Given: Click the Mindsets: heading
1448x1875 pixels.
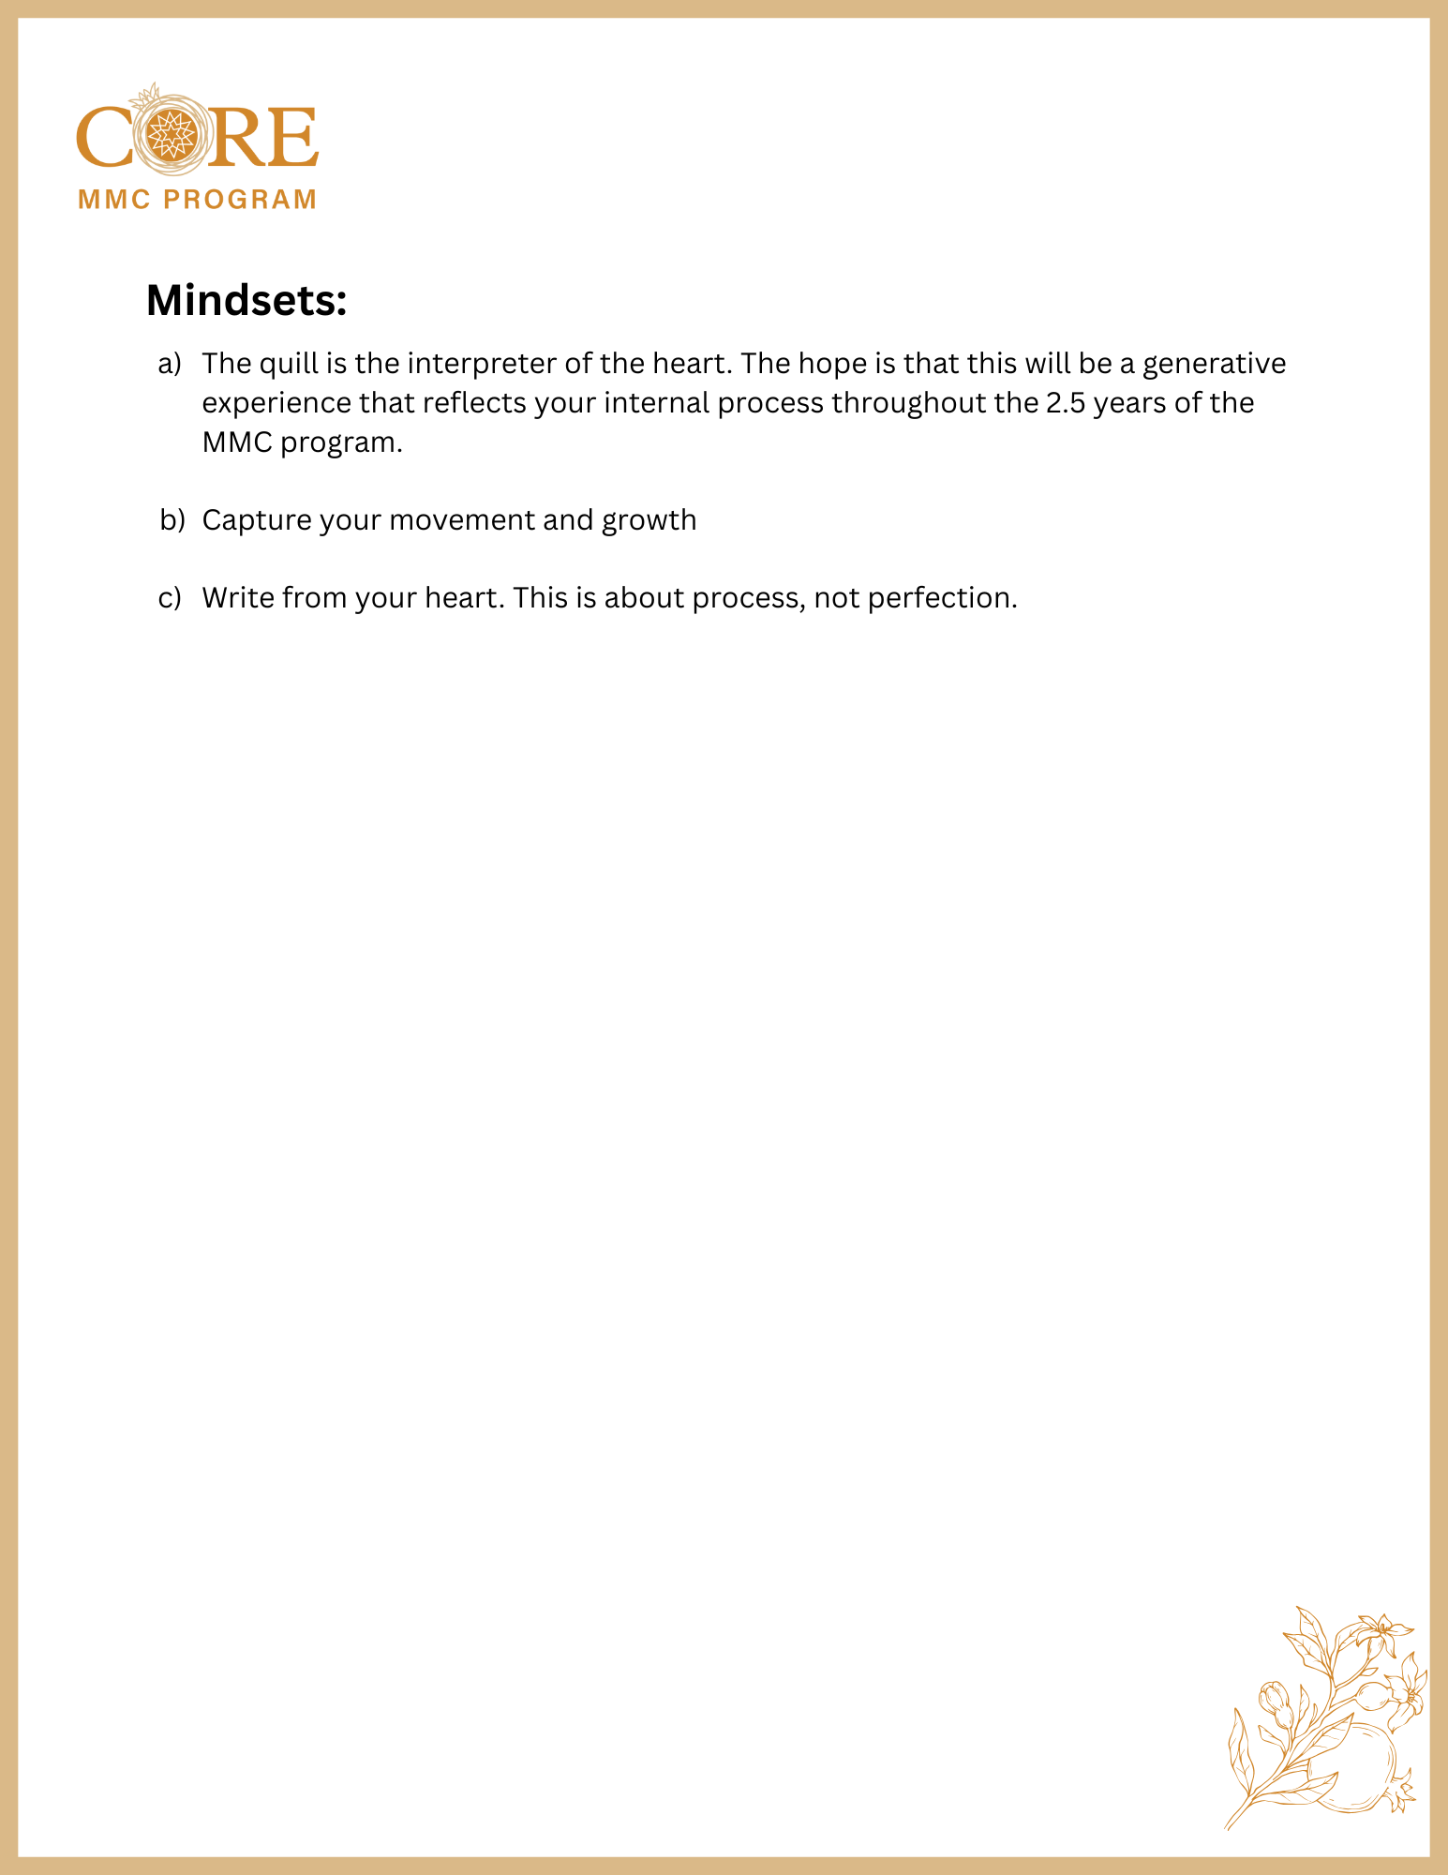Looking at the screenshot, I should click(246, 301).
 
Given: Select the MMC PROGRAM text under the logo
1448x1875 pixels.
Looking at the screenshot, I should click(197, 200).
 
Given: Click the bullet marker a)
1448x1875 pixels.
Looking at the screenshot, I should click(170, 364).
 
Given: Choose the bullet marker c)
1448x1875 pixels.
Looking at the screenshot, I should click(170, 598).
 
